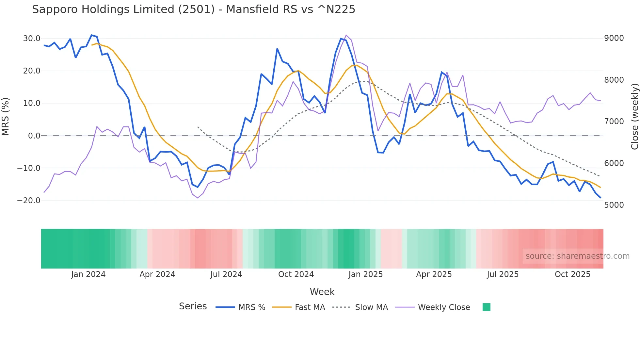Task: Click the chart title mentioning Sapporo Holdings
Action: [193, 9]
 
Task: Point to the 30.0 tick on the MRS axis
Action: [32, 39]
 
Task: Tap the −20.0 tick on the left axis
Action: [29, 201]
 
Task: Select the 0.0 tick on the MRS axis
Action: [34, 136]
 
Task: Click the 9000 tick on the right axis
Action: [614, 38]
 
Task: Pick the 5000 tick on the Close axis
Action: [614, 205]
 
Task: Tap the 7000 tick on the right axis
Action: [614, 122]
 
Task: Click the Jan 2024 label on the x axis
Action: [88, 274]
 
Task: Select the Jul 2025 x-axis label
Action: [503, 274]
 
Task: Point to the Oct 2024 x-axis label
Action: [296, 274]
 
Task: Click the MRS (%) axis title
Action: [6, 116]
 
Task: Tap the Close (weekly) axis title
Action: [634, 117]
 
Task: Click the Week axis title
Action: [322, 292]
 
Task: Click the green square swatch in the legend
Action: [486, 307]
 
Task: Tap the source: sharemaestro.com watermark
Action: [577, 256]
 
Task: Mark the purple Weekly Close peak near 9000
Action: [346, 35]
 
